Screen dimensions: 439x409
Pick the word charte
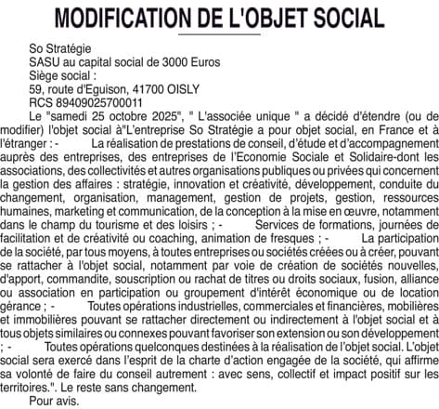tap(219, 367)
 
